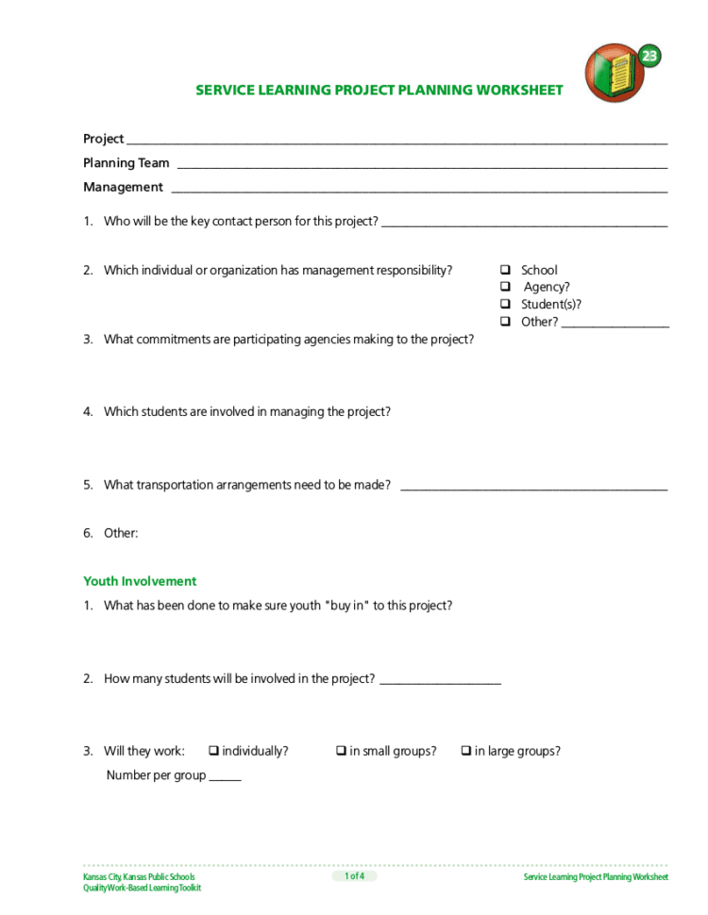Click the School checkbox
[x=505, y=270]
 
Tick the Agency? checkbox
[x=505, y=287]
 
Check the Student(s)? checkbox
[x=505, y=304]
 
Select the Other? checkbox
[x=505, y=322]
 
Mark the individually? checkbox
[x=213, y=751]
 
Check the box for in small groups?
[x=341, y=751]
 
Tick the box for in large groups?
[x=465, y=751]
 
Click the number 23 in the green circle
[x=649, y=56]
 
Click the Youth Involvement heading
[x=140, y=581]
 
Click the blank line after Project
[x=396, y=141]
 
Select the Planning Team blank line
[x=422, y=166]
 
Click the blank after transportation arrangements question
[x=533, y=489]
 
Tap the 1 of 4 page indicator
[x=354, y=876]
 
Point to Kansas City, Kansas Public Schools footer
[x=139, y=877]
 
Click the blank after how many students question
[x=440, y=682]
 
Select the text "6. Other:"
[x=110, y=533]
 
